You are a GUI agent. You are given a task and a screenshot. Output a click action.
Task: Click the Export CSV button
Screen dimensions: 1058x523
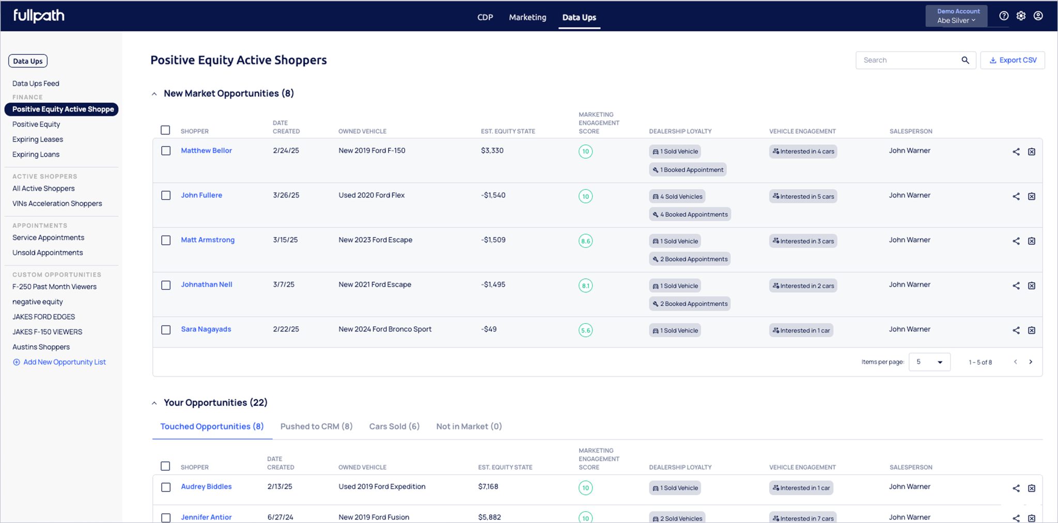click(1013, 60)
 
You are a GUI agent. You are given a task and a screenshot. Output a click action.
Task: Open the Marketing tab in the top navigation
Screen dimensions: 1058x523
click(527, 17)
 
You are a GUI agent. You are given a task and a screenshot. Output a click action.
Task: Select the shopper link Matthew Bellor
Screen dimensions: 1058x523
click(206, 150)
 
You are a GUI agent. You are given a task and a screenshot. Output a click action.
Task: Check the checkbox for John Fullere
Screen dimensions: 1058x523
click(166, 195)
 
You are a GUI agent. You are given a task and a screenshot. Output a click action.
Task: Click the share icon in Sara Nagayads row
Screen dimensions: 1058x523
click(1016, 330)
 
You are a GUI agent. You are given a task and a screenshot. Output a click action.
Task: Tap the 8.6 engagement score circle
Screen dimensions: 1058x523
click(585, 241)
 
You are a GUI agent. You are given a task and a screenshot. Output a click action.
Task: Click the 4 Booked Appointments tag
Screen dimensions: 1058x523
click(690, 214)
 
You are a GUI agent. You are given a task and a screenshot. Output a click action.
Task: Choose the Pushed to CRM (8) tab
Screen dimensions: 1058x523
click(316, 426)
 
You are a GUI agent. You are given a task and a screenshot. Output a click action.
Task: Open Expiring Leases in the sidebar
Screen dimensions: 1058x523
click(38, 139)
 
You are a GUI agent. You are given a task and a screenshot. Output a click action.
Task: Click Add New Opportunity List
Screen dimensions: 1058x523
click(59, 362)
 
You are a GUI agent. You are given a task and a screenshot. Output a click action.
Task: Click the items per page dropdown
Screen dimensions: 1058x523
click(929, 362)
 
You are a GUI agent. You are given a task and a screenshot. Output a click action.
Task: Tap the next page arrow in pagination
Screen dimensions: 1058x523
click(1031, 362)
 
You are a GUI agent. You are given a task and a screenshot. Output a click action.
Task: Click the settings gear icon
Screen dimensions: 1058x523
click(1021, 16)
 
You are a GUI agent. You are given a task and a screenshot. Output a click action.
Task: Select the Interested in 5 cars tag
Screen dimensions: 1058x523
click(803, 196)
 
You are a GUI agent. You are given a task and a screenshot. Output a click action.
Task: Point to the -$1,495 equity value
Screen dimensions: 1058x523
click(493, 284)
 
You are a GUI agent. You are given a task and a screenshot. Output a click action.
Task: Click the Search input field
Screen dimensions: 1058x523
click(908, 60)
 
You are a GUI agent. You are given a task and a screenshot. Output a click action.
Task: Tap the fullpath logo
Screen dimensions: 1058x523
click(39, 16)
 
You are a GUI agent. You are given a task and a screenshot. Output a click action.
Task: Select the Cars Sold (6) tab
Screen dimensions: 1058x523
click(394, 426)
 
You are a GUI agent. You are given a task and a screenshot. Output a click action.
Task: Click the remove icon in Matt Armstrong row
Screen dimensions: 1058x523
click(1032, 241)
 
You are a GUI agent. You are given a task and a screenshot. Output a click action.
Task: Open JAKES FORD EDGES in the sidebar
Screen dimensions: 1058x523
click(44, 317)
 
